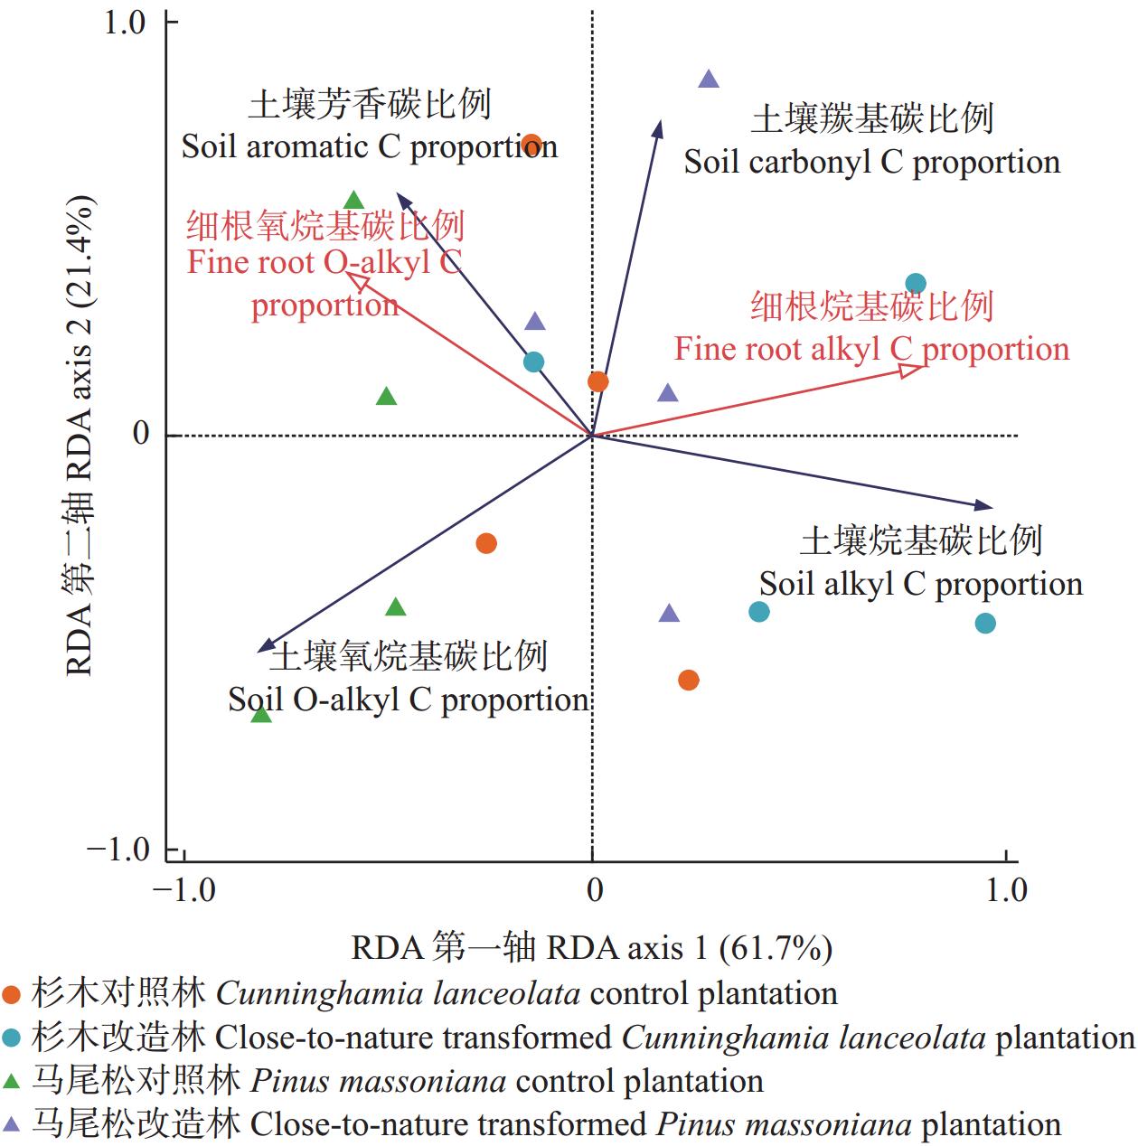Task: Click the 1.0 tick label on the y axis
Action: pyautogui.click(x=125, y=23)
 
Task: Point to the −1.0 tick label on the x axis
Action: pyautogui.click(x=184, y=891)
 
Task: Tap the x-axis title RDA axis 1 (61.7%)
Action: pyautogui.click(x=592, y=948)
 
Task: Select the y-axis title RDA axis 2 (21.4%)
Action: pyautogui.click(x=79, y=435)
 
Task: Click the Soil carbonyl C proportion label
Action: pyautogui.click(x=871, y=163)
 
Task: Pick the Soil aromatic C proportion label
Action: pyautogui.click(x=369, y=147)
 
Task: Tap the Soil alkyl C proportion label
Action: pyautogui.click(x=920, y=584)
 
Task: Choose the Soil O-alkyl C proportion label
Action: pyautogui.click(x=409, y=700)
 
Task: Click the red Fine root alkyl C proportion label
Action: pyautogui.click(x=871, y=349)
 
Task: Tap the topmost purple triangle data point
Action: pyautogui.click(x=709, y=80)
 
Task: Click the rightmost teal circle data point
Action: pyautogui.click(x=985, y=623)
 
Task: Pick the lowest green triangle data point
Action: pyautogui.click(x=261, y=715)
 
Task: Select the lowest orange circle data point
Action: pyautogui.click(x=689, y=680)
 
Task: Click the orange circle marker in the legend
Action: pyautogui.click(x=12, y=995)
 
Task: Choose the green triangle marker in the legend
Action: pyautogui.click(x=12, y=1081)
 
